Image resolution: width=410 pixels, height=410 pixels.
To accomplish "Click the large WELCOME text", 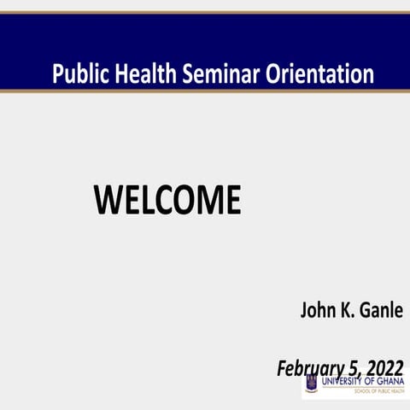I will click(x=167, y=200).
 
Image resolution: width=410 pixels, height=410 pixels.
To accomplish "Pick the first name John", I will click(x=317, y=307).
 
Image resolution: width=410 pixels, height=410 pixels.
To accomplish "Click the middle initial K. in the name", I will click(x=347, y=307).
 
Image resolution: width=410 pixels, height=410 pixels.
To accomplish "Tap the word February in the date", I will click(x=311, y=368).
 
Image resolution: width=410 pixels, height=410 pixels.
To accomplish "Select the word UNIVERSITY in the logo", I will click(x=343, y=381).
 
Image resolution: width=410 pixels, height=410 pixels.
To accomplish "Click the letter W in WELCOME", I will click(x=107, y=200).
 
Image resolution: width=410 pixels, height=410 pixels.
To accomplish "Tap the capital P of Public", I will click(x=57, y=73).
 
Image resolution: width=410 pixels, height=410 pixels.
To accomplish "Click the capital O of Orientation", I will click(x=280, y=73).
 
